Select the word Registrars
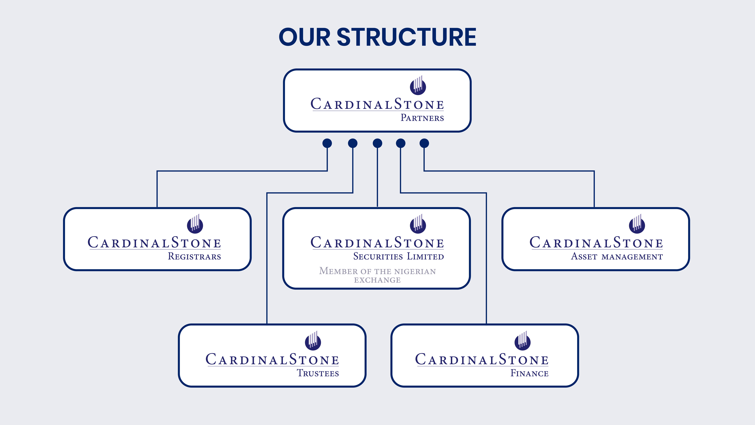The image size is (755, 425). (194, 256)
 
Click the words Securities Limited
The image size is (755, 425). (398, 256)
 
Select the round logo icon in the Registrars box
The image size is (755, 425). (195, 225)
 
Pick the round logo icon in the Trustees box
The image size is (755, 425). (313, 342)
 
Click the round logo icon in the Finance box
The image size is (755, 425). (522, 342)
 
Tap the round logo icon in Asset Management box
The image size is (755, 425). (637, 225)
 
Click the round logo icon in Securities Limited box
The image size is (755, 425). (418, 225)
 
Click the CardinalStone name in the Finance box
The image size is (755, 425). (482, 360)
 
